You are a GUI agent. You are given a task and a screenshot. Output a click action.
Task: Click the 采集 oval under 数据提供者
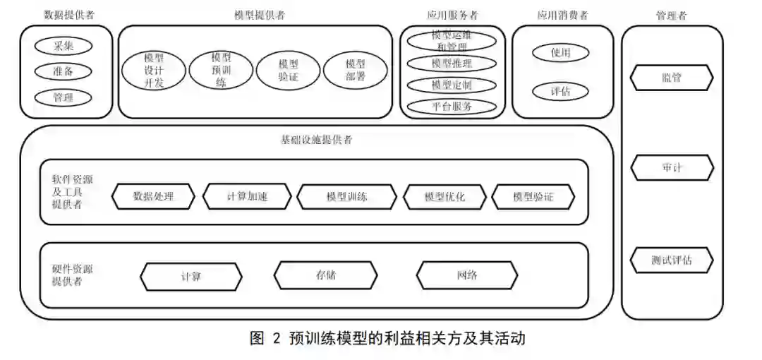(64, 46)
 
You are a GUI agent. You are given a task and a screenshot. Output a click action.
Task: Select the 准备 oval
(64, 71)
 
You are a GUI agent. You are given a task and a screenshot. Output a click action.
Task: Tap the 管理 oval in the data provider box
(64, 97)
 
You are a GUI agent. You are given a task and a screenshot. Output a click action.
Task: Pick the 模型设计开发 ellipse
(154, 71)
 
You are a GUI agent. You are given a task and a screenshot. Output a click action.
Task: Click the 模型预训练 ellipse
(221, 70)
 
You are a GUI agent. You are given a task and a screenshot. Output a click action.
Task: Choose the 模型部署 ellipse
(356, 71)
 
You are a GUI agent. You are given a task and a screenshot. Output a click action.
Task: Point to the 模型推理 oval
(452, 64)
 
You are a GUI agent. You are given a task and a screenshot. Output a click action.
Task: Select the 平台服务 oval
(452, 107)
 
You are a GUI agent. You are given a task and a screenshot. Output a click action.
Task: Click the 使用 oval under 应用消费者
(560, 53)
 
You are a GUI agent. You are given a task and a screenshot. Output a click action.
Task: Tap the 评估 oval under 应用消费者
(560, 92)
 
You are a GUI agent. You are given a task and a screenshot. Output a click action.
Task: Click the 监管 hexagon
(672, 78)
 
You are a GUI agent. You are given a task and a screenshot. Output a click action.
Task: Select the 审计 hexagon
(672, 168)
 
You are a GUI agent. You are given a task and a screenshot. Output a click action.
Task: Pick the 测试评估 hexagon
(672, 260)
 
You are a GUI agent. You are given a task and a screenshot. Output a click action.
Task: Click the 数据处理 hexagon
(153, 196)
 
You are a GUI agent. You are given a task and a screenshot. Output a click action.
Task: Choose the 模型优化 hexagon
(445, 196)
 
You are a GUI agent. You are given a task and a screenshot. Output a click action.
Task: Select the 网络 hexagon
(467, 275)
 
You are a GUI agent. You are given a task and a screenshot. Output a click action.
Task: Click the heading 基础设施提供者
(316, 140)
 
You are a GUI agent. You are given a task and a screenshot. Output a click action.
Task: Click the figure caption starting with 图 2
(387, 338)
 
